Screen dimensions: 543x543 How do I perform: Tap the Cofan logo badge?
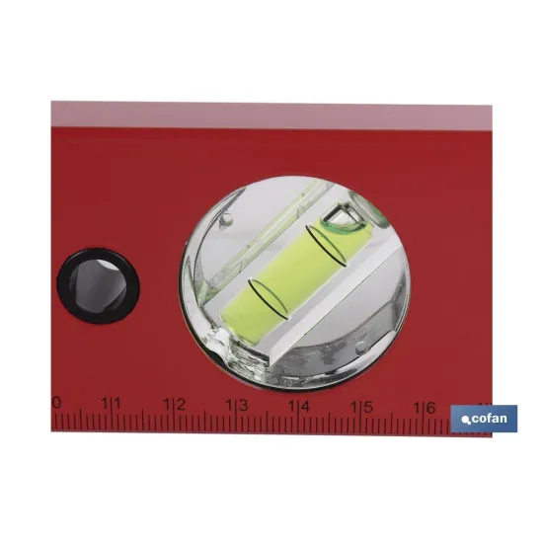point(484,419)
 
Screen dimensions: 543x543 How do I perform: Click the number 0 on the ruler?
point(56,403)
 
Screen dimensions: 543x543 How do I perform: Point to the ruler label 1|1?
point(111,404)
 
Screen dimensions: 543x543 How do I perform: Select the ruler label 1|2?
point(175,405)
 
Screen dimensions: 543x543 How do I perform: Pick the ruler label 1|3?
point(237,405)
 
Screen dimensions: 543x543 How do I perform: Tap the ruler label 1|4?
point(299,406)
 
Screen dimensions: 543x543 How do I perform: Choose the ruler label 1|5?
point(361,407)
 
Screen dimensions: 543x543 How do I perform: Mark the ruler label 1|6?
point(424,408)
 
